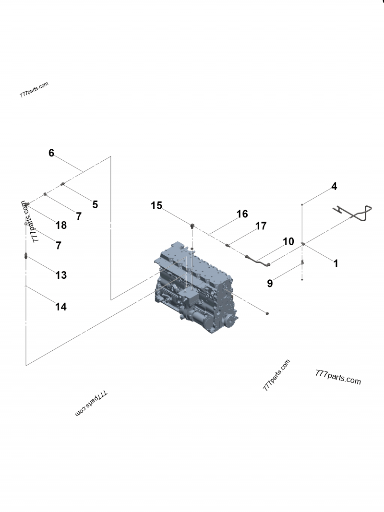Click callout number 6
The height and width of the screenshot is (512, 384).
(x=51, y=153)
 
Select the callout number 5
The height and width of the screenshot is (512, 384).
(x=95, y=204)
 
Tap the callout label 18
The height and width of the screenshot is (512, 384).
(x=61, y=225)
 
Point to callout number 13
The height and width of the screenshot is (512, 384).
(x=61, y=275)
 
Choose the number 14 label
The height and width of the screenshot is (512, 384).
(x=61, y=307)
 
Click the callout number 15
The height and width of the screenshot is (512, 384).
(x=156, y=205)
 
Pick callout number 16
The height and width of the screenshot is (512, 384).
(x=242, y=214)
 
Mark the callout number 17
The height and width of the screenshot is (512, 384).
(x=261, y=226)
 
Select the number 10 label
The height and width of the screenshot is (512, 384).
(x=288, y=242)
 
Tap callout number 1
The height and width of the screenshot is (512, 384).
(x=336, y=263)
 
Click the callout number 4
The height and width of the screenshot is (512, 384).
(x=334, y=186)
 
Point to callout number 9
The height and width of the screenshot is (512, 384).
(x=270, y=284)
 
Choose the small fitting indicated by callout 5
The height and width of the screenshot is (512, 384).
(x=63, y=183)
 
